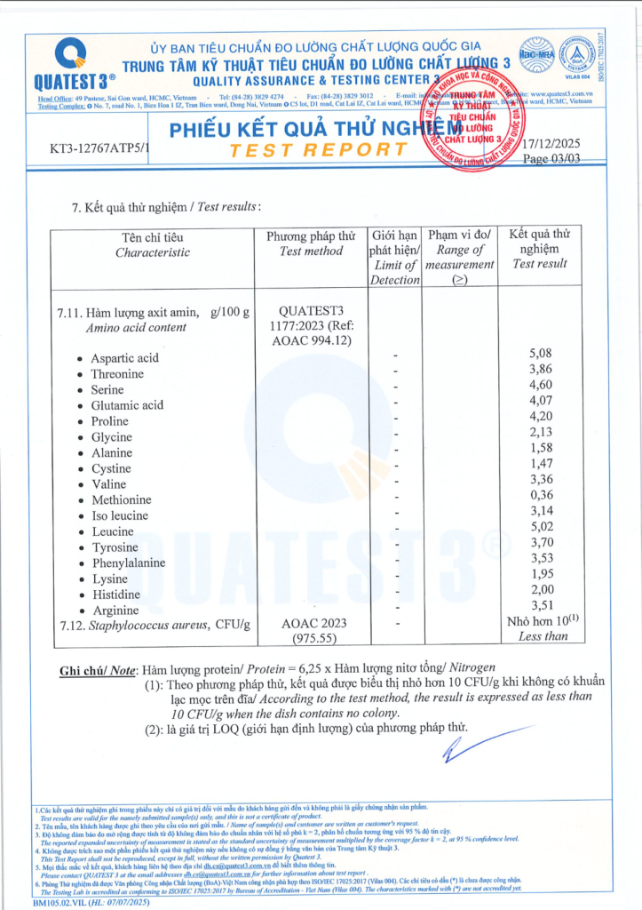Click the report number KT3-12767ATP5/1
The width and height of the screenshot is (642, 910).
tap(100, 148)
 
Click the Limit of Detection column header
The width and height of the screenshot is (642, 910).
tap(394, 258)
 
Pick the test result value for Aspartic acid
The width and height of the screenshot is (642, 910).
tap(540, 354)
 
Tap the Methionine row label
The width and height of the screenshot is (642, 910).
tap(121, 500)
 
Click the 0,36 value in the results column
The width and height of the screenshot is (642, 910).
tap(540, 495)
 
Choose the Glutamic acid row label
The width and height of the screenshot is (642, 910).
tap(127, 405)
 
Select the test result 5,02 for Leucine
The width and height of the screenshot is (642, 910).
tap(540, 526)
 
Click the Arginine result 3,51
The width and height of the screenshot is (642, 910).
tap(540, 605)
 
